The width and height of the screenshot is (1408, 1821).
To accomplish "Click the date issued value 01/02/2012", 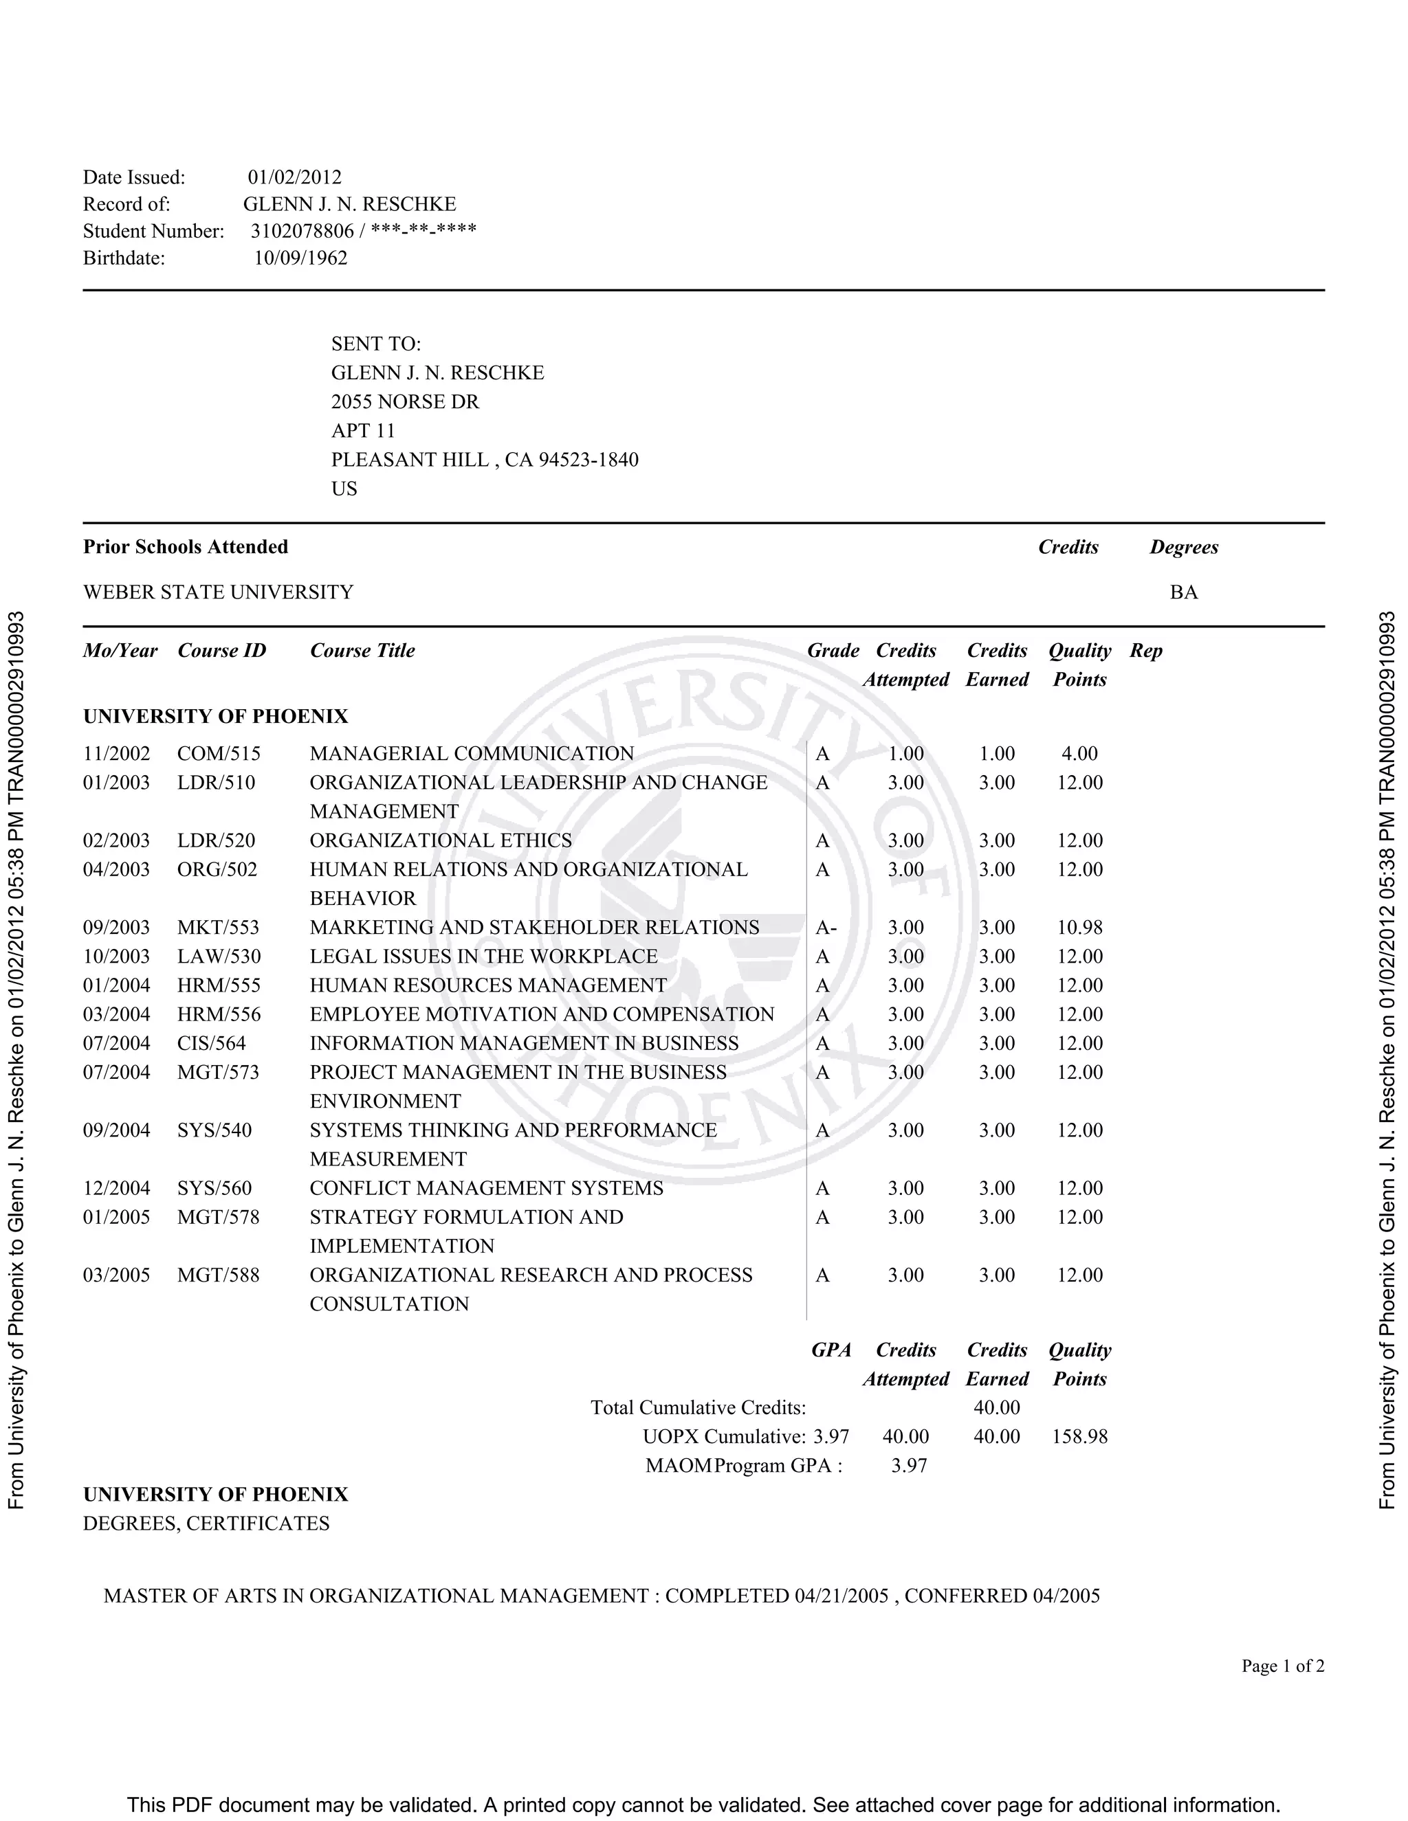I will click(294, 177).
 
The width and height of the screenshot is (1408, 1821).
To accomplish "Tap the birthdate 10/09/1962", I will click(300, 258).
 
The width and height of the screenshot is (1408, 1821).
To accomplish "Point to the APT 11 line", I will click(363, 430).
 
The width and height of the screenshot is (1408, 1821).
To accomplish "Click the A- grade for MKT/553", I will click(826, 927).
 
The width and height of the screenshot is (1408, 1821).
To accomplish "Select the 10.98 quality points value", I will click(1079, 927).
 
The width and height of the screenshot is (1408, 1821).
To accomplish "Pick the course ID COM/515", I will click(219, 754).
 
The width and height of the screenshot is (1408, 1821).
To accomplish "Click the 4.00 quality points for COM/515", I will click(1079, 754).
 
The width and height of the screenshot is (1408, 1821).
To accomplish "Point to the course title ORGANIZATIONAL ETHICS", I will click(441, 840).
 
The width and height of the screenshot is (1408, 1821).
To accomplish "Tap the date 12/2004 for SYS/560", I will click(117, 1188).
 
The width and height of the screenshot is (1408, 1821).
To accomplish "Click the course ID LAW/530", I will click(219, 957).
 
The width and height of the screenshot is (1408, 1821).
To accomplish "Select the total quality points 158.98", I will click(1079, 1437).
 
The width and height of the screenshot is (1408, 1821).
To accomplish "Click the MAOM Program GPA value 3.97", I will click(908, 1466).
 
